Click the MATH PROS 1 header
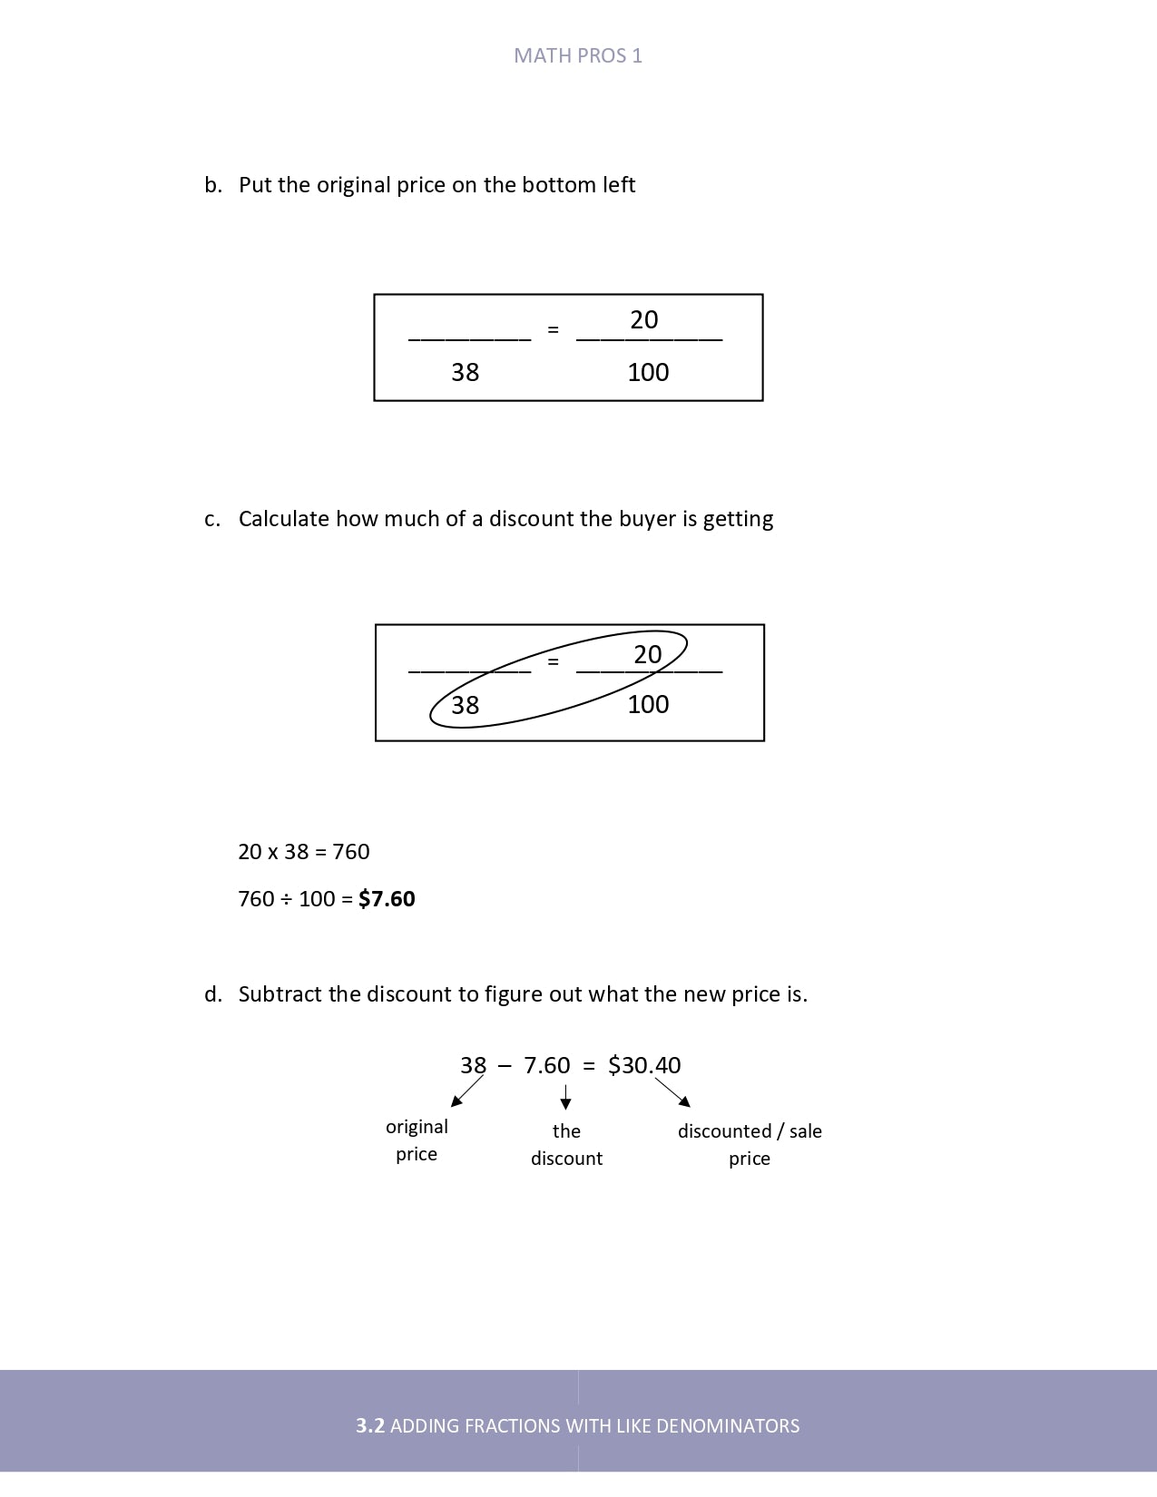578,56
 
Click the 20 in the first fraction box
644,319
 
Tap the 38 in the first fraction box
465,372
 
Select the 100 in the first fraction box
648,372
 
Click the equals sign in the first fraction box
553,330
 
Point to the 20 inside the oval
647,654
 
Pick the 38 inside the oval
465,705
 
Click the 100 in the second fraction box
648,704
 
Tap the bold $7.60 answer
387,899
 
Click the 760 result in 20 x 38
351,852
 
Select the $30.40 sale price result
644,1065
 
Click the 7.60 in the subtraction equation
547,1065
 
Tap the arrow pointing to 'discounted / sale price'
673,1091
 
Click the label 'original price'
417,1140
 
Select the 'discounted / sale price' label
750,1144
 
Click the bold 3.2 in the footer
370,1425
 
